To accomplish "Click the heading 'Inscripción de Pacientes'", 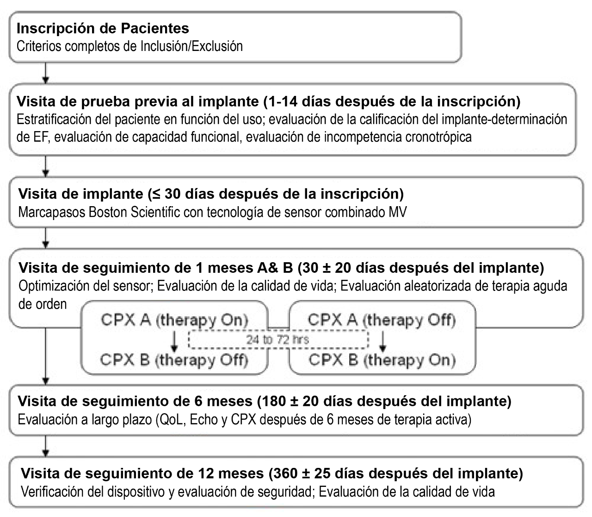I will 103,28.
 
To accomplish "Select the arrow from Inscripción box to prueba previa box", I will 45,72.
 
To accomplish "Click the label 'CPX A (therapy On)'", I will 174,320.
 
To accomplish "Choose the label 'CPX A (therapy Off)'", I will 382,320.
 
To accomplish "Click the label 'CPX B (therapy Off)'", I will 174,360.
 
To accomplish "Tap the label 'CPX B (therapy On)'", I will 382,360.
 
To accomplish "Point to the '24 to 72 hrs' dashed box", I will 278,340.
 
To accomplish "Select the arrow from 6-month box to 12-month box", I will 45,446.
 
